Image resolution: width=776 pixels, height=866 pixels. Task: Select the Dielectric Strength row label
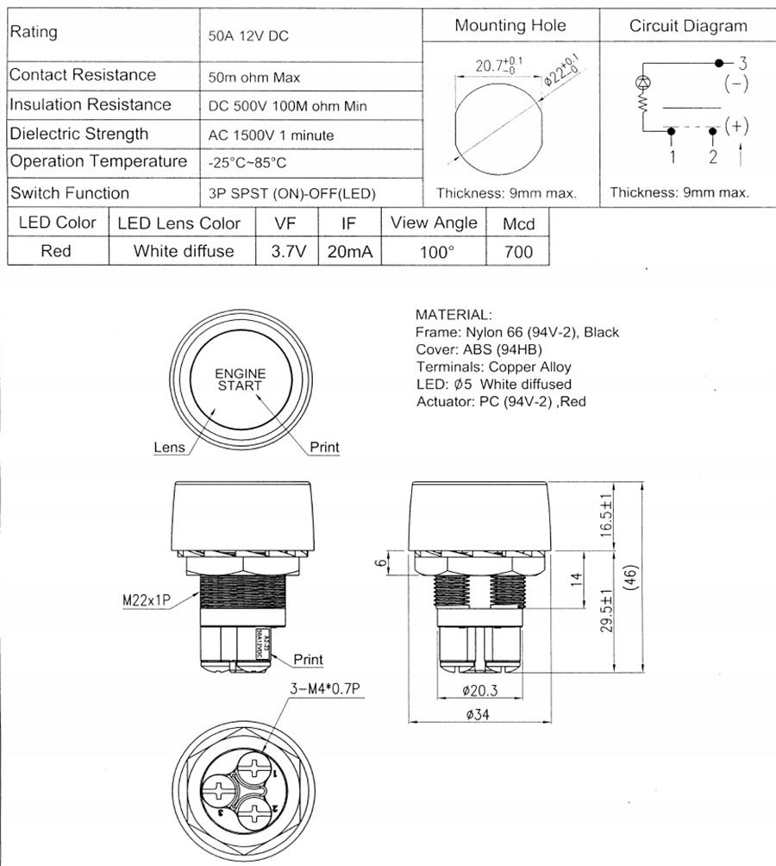pos(78,134)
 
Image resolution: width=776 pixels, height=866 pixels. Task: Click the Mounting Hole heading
pos(510,25)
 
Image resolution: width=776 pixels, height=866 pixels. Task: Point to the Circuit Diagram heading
pos(688,25)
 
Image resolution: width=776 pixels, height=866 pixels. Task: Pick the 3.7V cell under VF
pos(285,251)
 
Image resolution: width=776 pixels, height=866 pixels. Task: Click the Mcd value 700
pos(518,252)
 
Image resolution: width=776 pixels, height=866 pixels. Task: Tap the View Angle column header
pos(434,223)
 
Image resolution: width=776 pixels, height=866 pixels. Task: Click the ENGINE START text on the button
pos(240,380)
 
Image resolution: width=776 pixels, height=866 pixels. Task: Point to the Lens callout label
pos(169,448)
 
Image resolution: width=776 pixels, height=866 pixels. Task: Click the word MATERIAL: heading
pos(454,314)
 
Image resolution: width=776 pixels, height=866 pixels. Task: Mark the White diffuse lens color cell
pos(183,251)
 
